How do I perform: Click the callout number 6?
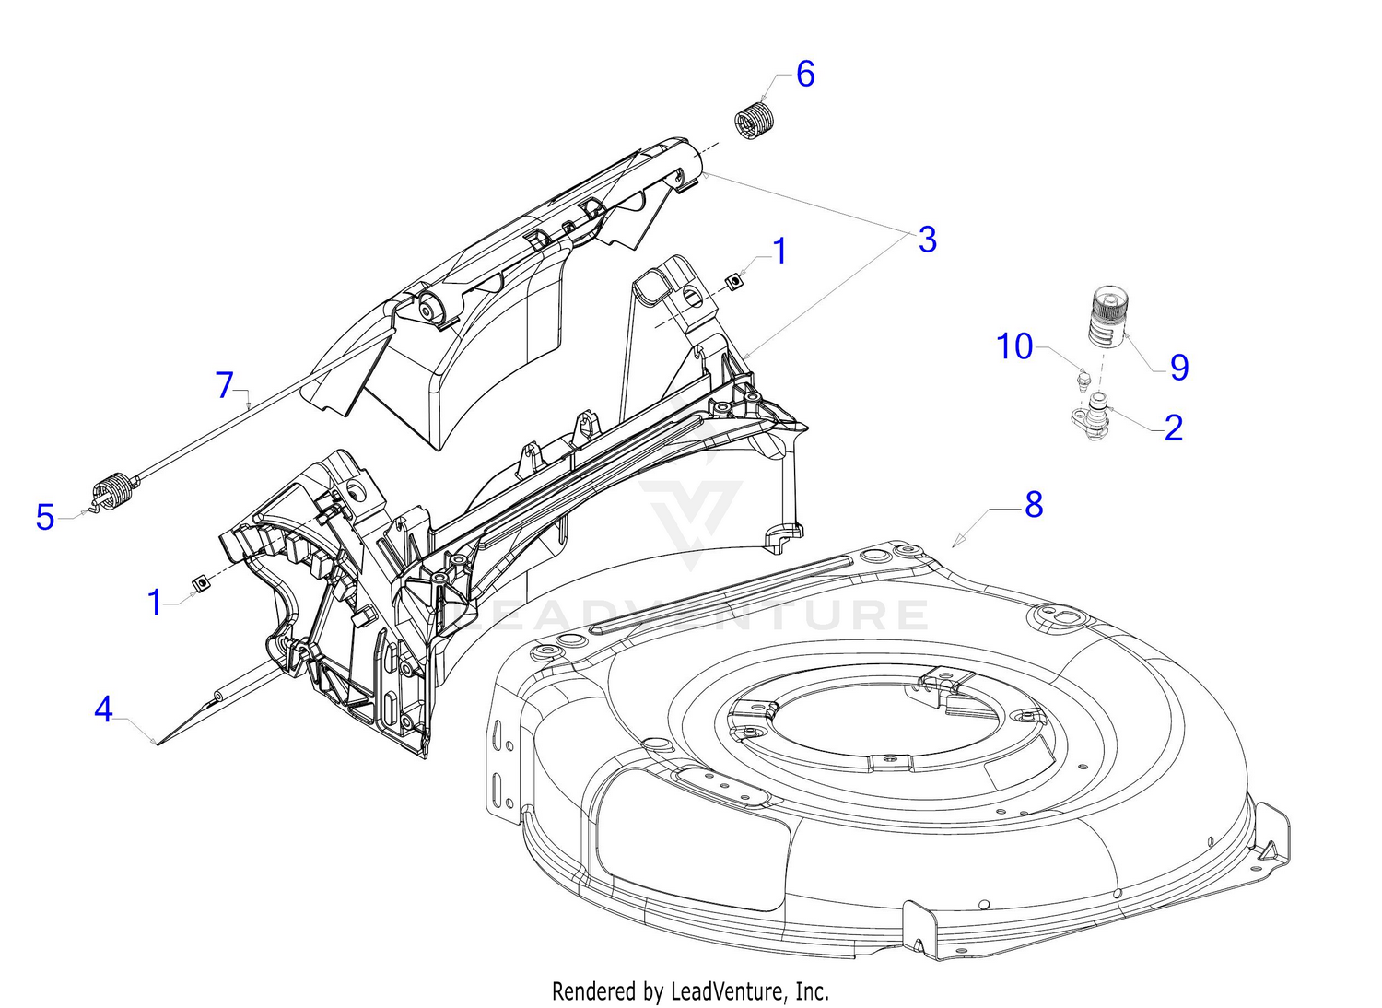[x=805, y=75]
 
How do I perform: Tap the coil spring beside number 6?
[x=756, y=123]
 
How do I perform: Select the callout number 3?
[x=927, y=240]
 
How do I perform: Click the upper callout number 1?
[x=779, y=251]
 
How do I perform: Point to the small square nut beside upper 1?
[x=734, y=280]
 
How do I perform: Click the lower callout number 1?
[x=155, y=603]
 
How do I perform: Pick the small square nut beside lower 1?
[x=197, y=583]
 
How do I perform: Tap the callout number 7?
[x=226, y=385]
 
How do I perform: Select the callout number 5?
[x=45, y=518]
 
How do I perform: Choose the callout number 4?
[x=103, y=709]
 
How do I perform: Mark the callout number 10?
[x=1014, y=347]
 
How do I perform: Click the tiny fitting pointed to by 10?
[x=1084, y=378]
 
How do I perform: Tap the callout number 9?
[x=1179, y=368]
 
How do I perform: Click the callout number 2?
[x=1173, y=428]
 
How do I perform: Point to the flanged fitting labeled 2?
[x=1093, y=416]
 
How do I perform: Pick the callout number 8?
[x=1034, y=505]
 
